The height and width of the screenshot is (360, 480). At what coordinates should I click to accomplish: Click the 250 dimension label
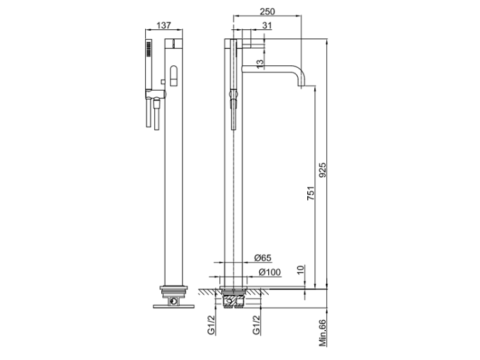(x=268, y=12)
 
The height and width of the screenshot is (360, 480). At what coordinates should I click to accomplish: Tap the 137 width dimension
(x=164, y=26)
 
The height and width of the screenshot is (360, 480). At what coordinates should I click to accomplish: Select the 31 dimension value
(x=267, y=26)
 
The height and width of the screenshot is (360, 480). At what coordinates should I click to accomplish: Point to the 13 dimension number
(x=260, y=64)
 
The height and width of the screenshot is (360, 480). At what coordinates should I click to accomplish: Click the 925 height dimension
(x=323, y=170)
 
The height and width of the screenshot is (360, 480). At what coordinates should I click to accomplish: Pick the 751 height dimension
(x=310, y=193)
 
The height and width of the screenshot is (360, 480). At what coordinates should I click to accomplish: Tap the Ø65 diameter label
(x=262, y=258)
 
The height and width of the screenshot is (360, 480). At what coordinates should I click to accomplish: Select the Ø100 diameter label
(x=269, y=272)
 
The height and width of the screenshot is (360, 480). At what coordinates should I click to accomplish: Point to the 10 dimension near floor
(x=301, y=269)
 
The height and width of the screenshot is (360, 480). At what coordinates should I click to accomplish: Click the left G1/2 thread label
(x=212, y=325)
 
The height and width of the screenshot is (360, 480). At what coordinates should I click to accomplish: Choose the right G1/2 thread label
(x=256, y=325)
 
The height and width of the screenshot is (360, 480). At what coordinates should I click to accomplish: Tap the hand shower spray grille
(x=148, y=49)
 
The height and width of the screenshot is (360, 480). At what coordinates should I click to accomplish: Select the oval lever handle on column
(x=173, y=75)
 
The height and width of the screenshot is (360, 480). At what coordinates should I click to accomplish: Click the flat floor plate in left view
(x=174, y=306)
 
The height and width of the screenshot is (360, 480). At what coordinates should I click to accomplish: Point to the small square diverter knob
(x=163, y=82)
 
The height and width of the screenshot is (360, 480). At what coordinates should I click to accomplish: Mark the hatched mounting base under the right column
(x=234, y=299)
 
